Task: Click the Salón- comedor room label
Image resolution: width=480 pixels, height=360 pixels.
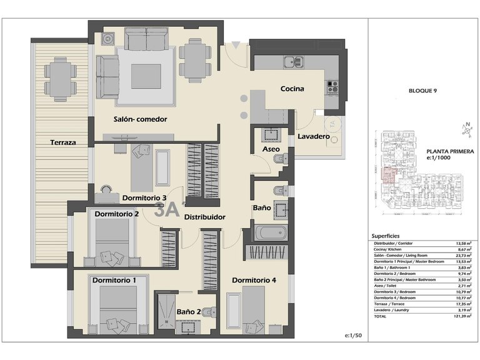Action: pyautogui.click(x=140, y=119)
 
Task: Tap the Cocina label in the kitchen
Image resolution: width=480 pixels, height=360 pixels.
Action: pyautogui.click(x=292, y=89)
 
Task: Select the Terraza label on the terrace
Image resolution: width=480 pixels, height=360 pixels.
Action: pyautogui.click(x=63, y=142)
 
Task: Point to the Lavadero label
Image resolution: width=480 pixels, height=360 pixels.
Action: pyautogui.click(x=313, y=136)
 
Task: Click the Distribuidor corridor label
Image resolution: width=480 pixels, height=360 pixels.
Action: pyautogui.click(x=204, y=217)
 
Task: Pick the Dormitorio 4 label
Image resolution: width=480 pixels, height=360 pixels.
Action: pyautogui.click(x=254, y=280)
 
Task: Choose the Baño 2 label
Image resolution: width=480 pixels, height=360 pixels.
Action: pyautogui.click(x=188, y=311)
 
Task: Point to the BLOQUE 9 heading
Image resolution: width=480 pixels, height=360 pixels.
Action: pyautogui.click(x=422, y=90)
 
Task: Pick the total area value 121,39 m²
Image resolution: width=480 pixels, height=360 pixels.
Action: pyautogui.click(x=462, y=317)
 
